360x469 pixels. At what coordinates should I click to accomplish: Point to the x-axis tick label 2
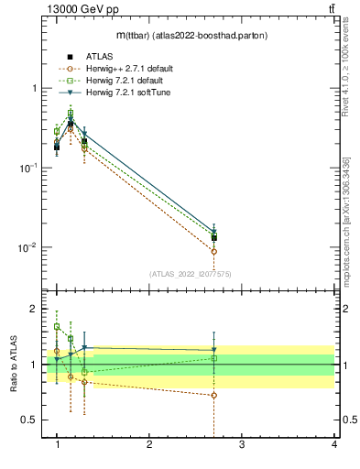click(x=149, y=444)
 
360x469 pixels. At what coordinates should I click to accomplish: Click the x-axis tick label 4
click(x=334, y=444)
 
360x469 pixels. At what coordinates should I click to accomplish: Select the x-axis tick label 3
click(x=242, y=444)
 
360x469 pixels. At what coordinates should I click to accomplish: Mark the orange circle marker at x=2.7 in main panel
click(x=213, y=251)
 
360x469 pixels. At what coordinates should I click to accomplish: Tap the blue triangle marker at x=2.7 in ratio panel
click(x=213, y=350)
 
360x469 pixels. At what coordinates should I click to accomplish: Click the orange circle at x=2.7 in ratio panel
click(x=213, y=396)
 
